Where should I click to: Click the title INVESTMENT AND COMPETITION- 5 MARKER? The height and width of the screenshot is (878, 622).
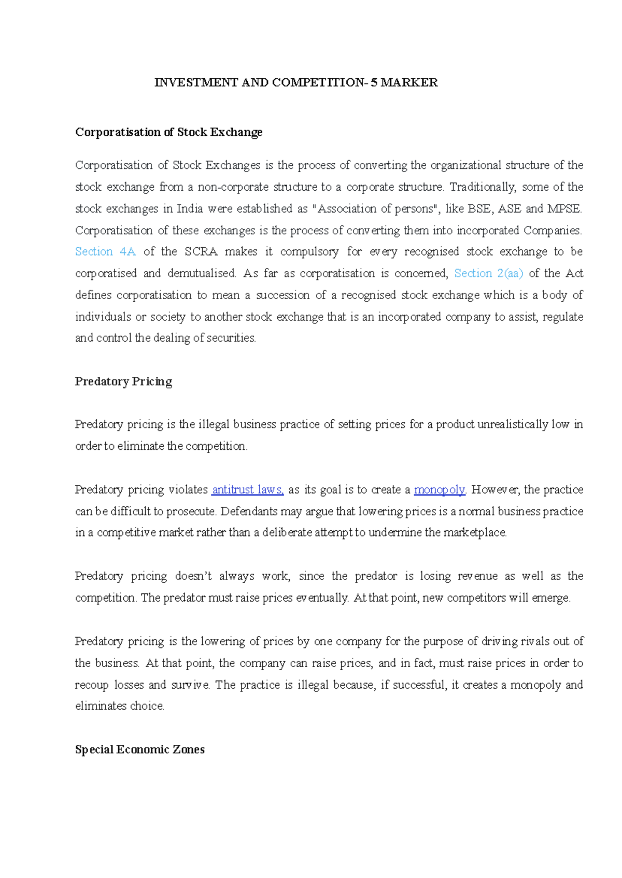pyautogui.click(x=296, y=83)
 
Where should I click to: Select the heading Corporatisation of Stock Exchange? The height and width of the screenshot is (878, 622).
pyautogui.click(x=168, y=132)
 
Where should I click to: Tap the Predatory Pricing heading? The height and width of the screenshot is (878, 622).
pyautogui.click(x=123, y=381)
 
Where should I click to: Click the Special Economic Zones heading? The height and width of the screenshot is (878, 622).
pyautogui.click(x=139, y=749)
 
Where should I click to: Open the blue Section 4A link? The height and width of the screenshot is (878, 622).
pyautogui.click(x=105, y=252)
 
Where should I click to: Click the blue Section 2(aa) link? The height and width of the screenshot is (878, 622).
pyautogui.click(x=488, y=274)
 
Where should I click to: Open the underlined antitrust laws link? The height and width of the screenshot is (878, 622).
pyautogui.click(x=248, y=490)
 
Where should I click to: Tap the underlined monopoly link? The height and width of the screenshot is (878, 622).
pyautogui.click(x=439, y=490)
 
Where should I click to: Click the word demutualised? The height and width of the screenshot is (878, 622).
pyautogui.click(x=201, y=274)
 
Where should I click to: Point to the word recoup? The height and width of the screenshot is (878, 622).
pyautogui.click(x=91, y=685)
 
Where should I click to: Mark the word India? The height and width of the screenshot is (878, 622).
pyautogui.click(x=190, y=209)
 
